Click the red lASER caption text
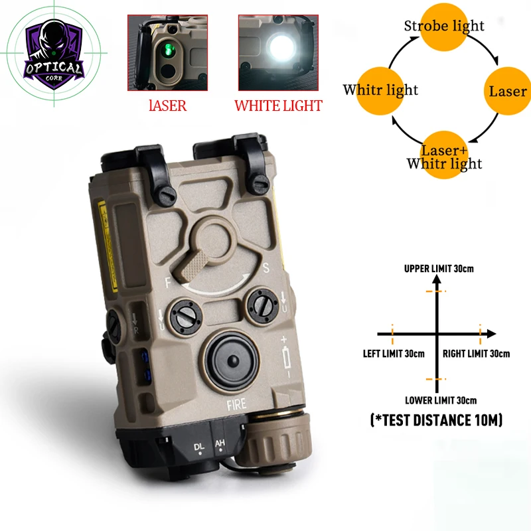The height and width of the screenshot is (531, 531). click(x=167, y=106)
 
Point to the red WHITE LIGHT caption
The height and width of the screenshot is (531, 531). click(x=278, y=106)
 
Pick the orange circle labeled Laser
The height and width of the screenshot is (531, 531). click(x=507, y=91)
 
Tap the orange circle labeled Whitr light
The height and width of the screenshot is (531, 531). click(x=381, y=90)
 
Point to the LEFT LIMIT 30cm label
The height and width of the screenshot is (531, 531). click(x=394, y=353)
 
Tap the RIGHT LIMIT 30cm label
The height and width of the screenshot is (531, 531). click(x=476, y=353)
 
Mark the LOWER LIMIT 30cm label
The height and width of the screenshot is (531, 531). click(x=440, y=400)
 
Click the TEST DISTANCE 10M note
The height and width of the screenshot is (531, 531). click(x=435, y=420)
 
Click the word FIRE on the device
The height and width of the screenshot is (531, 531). click(x=236, y=403)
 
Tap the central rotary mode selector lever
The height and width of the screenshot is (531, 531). click(x=208, y=245)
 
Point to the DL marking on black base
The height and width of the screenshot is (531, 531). click(x=199, y=447)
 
